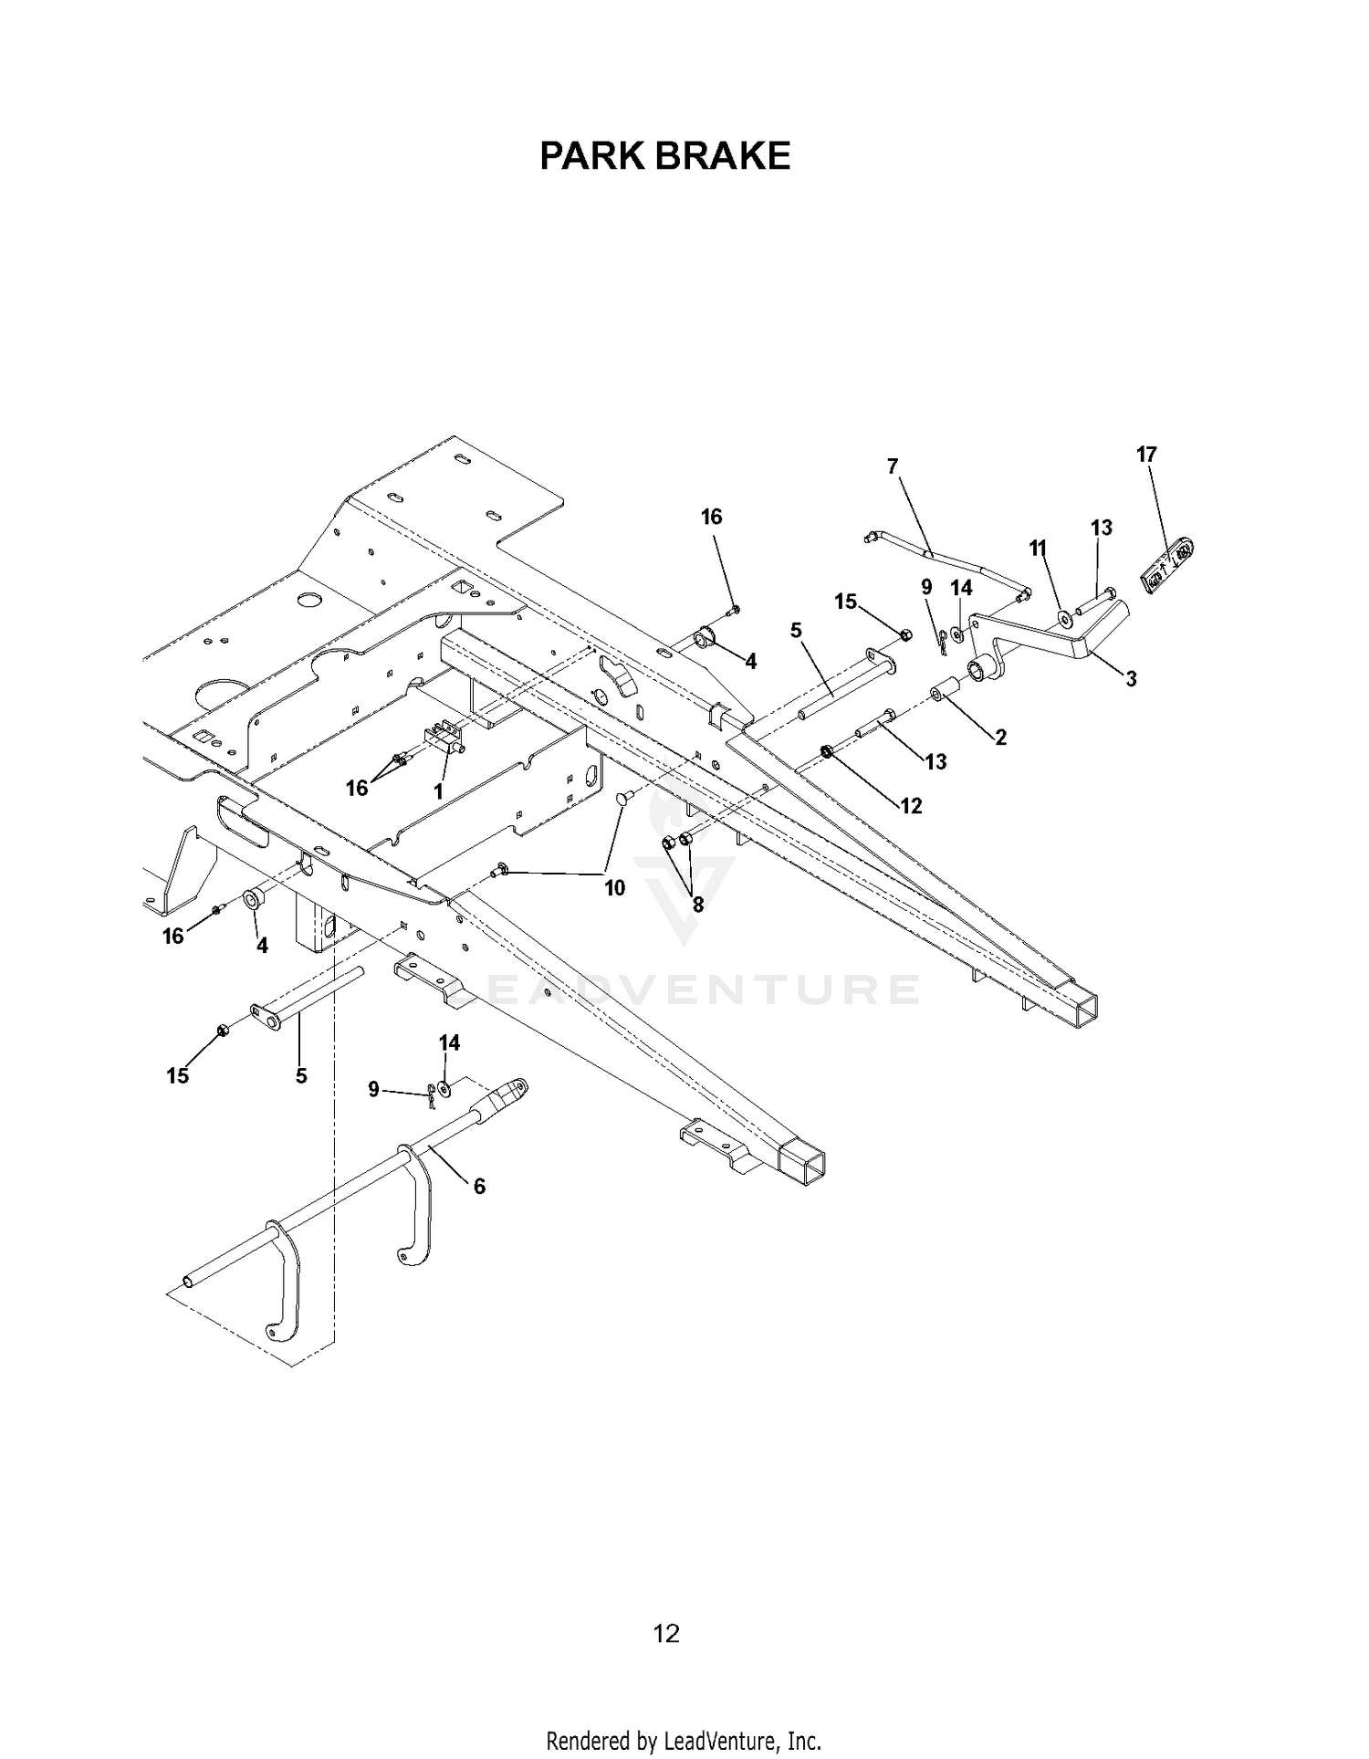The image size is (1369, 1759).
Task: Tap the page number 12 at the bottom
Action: (666, 1633)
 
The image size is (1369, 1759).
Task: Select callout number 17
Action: (1146, 454)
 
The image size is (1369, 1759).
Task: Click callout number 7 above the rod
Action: (893, 466)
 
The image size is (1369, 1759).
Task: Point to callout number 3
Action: (1131, 678)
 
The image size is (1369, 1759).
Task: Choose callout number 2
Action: (1000, 738)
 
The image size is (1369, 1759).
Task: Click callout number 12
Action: (911, 805)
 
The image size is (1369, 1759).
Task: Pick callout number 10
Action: (614, 887)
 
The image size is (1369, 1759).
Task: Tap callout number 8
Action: (698, 904)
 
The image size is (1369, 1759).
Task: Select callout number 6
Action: (479, 1186)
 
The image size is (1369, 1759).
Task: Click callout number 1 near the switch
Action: (438, 791)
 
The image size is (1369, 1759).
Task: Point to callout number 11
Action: (1038, 548)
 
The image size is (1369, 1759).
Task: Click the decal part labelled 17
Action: (1169, 564)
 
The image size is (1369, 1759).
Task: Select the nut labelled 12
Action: (826, 751)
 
